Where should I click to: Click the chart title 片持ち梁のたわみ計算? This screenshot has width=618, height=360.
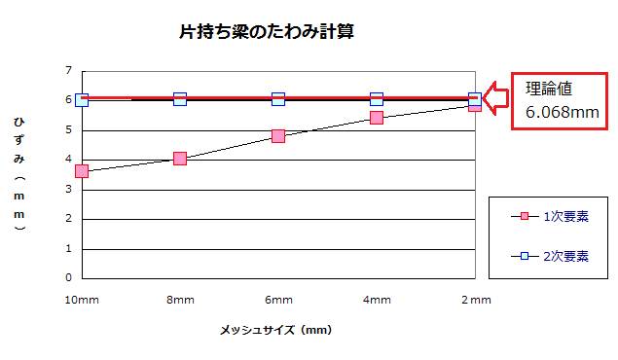[266, 32]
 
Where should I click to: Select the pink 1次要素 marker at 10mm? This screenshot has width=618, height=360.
[82, 171]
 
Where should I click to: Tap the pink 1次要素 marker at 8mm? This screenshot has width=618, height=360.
[180, 159]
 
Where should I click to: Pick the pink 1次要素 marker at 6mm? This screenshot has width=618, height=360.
[278, 136]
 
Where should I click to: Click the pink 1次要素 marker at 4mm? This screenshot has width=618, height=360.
[377, 118]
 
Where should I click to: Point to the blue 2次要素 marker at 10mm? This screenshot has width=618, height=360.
[82, 99]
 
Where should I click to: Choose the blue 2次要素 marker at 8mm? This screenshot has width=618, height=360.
[180, 99]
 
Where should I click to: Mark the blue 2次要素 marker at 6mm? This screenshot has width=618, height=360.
[278, 99]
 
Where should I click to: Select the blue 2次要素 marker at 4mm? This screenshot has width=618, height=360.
[377, 99]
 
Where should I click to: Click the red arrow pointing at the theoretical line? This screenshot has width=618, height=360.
[496, 98]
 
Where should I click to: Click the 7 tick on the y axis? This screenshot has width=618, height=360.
[68, 70]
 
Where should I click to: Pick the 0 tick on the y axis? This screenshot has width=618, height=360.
[68, 277]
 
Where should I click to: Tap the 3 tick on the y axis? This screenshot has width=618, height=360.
[68, 189]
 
